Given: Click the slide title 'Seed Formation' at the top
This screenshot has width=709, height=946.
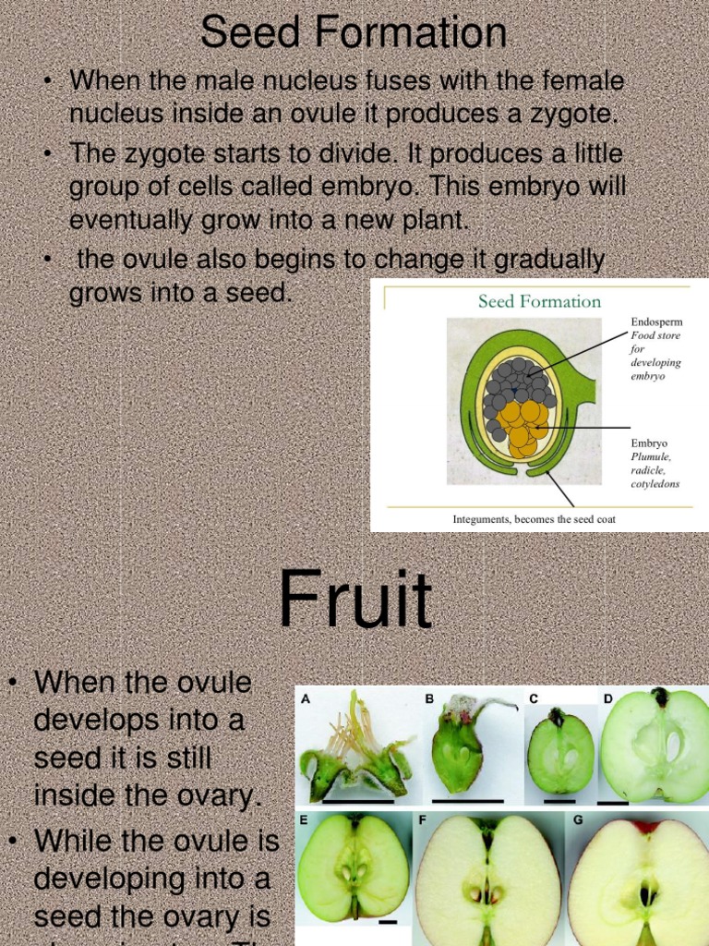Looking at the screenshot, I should coord(354,34).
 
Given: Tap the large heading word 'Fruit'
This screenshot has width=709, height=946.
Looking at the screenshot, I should coord(355,601).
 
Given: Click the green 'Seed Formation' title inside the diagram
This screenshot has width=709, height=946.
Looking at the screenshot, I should coord(539,301).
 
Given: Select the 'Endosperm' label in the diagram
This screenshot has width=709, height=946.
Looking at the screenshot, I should coord(656,321).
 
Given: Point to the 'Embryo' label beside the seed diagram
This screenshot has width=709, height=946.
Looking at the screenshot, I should coord(649,443).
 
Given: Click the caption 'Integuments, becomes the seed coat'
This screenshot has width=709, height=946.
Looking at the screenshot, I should coord(534,519).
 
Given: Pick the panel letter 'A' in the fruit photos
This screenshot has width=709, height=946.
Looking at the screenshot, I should coord(304,699).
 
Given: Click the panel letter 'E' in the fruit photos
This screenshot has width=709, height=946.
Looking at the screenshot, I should coord(303,819).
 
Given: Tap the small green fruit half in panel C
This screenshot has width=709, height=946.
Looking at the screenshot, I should coord(560,754).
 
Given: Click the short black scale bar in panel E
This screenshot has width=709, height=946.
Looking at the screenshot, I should coord(388,921).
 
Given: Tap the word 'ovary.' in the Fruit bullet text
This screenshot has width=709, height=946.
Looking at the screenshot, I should coord(216,794).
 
